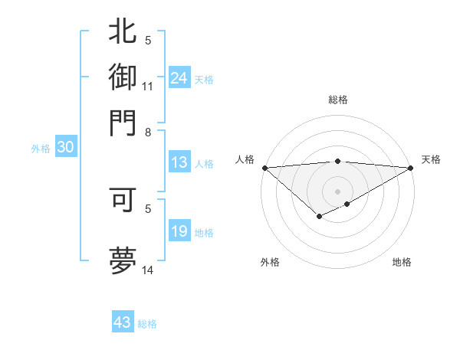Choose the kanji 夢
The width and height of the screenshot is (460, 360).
(x=123, y=258)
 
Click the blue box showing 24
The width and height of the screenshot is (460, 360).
(x=179, y=77)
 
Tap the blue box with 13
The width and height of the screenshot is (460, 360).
(x=179, y=162)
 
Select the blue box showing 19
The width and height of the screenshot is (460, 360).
(x=179, y=231)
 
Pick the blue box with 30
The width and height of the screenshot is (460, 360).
(x=65, y=148)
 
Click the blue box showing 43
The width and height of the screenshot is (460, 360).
(x=123, y=322)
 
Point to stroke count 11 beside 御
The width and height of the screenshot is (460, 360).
(x=148, y=86)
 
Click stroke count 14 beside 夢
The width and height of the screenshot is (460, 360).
(x=148, y=270)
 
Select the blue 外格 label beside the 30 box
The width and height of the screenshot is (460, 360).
(x=41, y=149)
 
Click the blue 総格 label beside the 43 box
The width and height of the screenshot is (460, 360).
(x=147, y=323)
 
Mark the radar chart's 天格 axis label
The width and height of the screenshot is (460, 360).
(x=432, y=159)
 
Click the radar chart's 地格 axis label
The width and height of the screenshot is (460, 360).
(x=402, y=262)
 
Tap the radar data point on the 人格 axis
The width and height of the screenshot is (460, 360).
(x=264, y=168)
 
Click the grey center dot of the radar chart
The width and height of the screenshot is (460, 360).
(x=337, y=191)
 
